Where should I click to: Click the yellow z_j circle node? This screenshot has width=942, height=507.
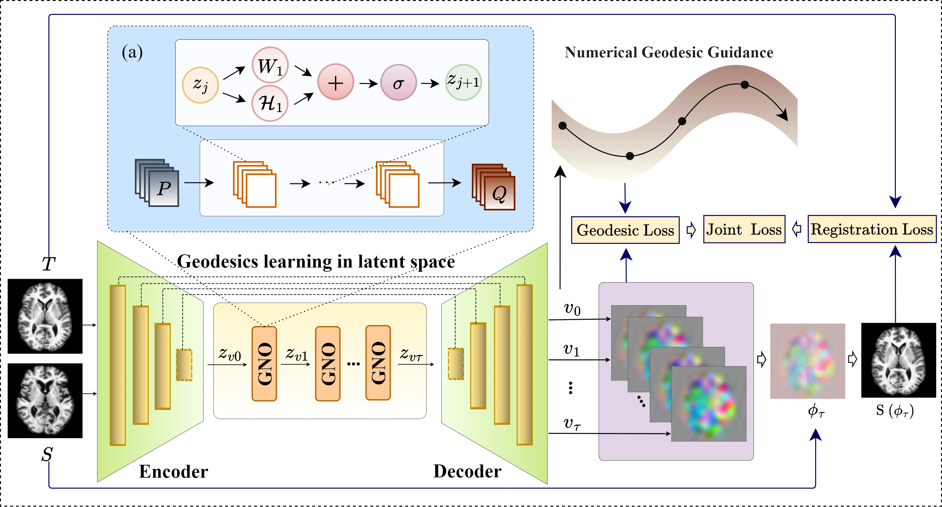pyautogui.click(x=200, y=85)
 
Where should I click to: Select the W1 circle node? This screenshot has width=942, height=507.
pyautogui.click(x=270, y=65)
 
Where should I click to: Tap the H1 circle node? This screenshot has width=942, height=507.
pyautogui.click(x=270, y=103)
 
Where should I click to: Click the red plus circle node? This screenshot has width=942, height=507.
pyautogui.click(x=335, y=82)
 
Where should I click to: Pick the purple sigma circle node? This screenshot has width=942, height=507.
pyautogui.click(x=398, y=83)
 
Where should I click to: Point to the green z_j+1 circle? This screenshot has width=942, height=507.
pyautogui.click(x=463, y=82)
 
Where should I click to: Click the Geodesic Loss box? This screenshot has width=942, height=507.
pyautogui.click(x=625, y=230)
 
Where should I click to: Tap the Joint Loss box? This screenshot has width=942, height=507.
pyautogui.click(x=744, y=229)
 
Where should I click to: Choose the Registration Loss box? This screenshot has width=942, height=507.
pyautogui.click(x=872, y=229)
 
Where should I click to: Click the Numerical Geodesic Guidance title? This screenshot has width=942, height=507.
pyautogui.click(x=669, y=53)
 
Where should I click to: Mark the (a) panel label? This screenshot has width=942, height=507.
pyautogui.click(x=132, y=52)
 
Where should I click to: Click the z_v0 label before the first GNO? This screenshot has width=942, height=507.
pyautogui.click(x=230, y=354)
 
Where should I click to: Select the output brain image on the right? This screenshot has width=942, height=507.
pyautogui.click(x=898, y=361)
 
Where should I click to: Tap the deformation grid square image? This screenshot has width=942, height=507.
pyautogui.click(x=807, y=361)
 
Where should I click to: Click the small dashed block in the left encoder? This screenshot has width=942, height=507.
pyautogui.click(x=184, y=365)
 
